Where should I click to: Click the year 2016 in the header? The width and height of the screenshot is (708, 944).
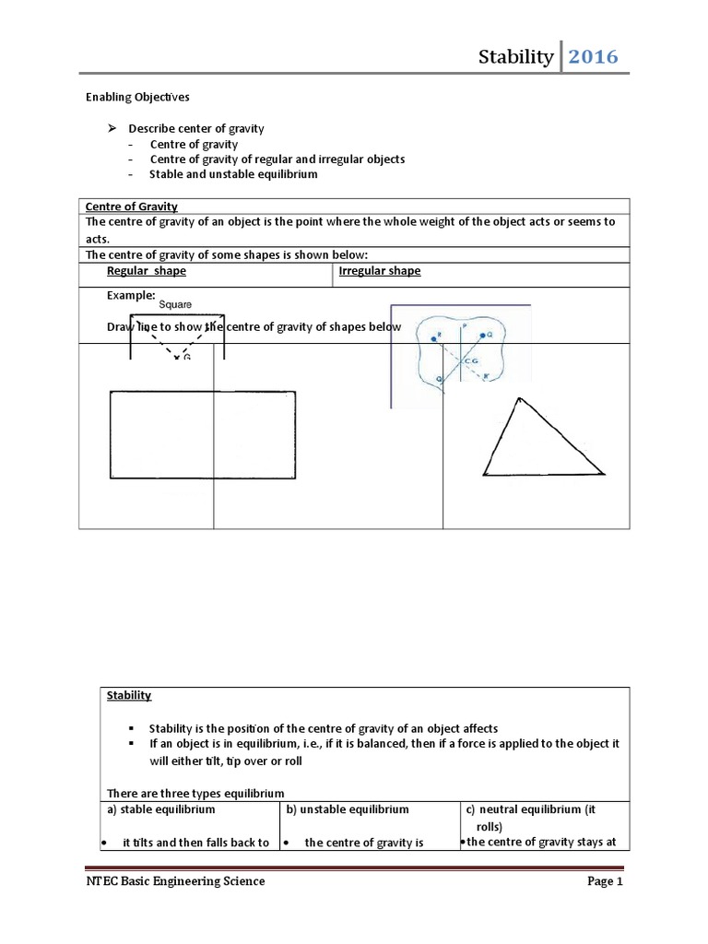tap(593, 58)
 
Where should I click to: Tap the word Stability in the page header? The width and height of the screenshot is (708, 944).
tap(516, 58)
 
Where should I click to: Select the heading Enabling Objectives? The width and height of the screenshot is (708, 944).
tap(137, 96)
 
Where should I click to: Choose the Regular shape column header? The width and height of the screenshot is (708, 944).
tap(146, 271)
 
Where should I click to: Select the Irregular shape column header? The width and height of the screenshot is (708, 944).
tap(380, 271)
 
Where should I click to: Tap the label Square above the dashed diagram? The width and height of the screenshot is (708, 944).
tap(175, 303)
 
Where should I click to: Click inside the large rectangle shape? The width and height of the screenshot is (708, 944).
tap(203, 435)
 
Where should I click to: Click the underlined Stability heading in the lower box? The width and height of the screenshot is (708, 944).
tap(129, 695)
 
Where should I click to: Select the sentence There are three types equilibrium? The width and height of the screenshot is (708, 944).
tap(196, 794)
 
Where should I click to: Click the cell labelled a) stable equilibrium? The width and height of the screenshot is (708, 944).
tap(162, 809)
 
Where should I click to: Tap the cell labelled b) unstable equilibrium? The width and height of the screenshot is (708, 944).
tap(347, 809)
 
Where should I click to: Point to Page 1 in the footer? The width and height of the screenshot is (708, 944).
tap(606, 881)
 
